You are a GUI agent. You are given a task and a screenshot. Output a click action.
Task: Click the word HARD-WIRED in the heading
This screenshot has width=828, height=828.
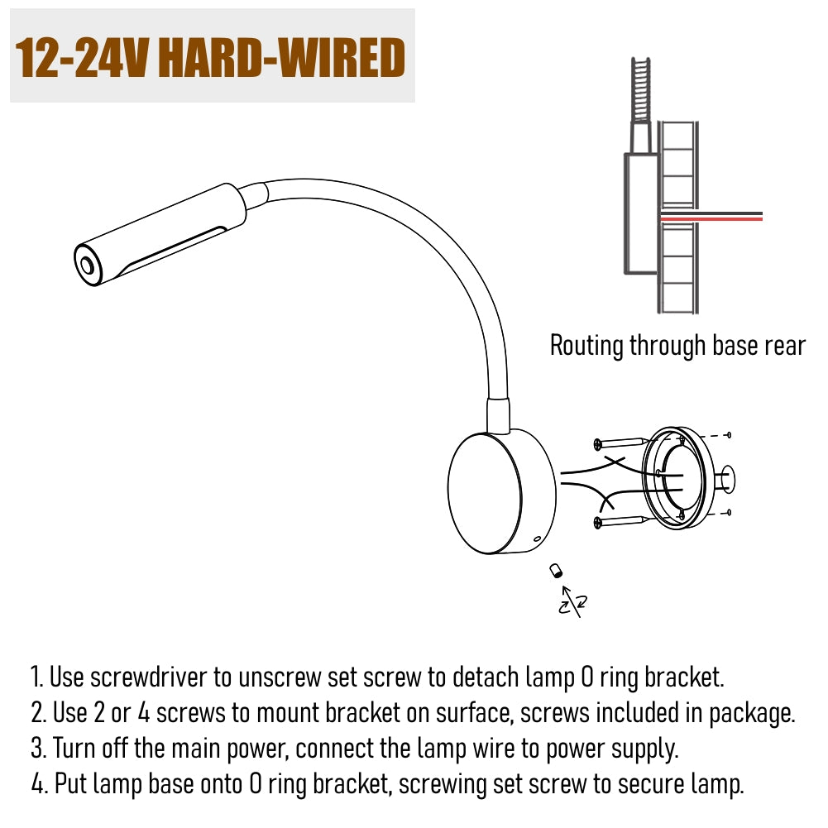click(x=281, y=58)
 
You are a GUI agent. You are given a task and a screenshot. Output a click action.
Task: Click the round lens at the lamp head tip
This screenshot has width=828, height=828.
click(x=86, y=264)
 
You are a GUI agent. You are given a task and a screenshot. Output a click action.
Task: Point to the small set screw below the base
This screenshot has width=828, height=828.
click(x=556, y=571)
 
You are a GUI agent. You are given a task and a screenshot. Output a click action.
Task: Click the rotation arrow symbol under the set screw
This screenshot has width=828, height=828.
click(x=572, y=602)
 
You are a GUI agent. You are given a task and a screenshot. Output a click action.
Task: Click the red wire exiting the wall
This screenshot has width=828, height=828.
click(x=711, y=218)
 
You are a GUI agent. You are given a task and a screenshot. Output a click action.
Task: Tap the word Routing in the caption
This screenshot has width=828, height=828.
click(x=586, y=347)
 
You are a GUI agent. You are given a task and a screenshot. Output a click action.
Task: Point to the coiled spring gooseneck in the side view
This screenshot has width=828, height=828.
click(x=640, y=90)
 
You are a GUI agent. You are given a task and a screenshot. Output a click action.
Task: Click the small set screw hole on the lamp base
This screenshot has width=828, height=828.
click(x=537, y=539)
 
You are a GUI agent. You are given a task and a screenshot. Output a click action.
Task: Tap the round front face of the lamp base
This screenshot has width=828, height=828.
click(x=485, y=494)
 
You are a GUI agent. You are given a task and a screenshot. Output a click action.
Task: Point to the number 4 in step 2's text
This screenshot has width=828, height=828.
click(x=144, y=713)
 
